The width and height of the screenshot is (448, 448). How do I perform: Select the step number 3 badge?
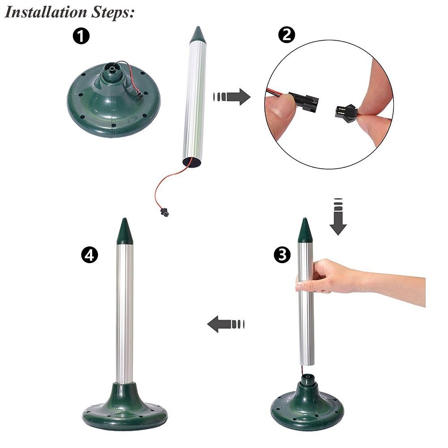tap(281, 255)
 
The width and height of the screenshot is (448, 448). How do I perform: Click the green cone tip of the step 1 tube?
tap(197, 35)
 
